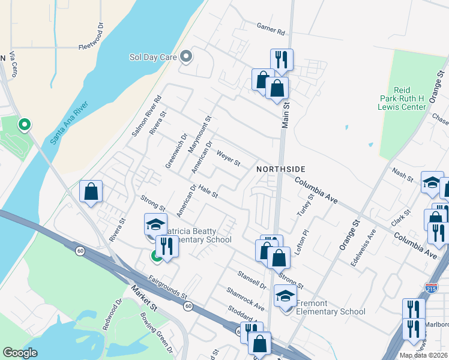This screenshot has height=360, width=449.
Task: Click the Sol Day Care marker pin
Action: (x=186, y=58)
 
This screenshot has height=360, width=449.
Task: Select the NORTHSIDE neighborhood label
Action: (x=282, y=169)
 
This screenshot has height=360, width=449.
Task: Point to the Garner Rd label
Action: (x=270, y=28)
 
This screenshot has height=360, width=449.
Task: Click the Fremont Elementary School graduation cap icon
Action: (x=285, y=296)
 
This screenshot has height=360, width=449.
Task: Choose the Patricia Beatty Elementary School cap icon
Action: (x=155, y=224)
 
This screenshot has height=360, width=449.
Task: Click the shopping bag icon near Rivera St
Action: (x=91, y=192)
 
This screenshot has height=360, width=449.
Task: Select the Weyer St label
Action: (x=228, y=159)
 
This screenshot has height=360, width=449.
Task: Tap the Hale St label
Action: (x=208, y=191)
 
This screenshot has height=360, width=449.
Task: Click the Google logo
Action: (x=20, y=353)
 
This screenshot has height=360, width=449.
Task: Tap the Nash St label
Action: (x=402, y=175)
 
